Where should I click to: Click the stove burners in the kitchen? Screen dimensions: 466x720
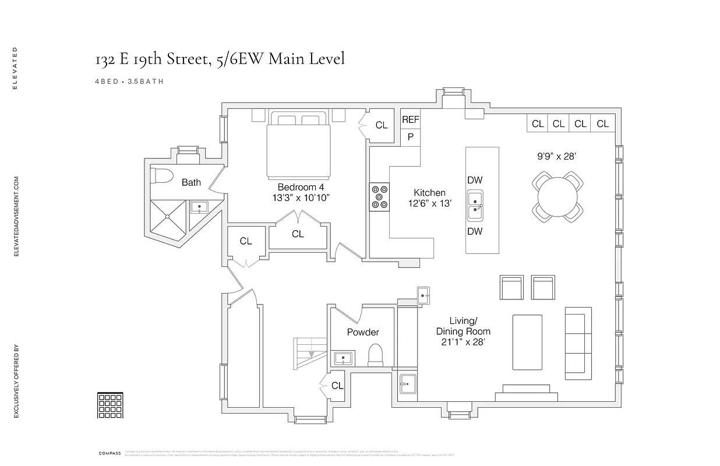(379, 196)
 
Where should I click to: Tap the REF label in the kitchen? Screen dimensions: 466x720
(410, 119)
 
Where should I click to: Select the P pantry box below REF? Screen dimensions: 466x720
(410, 137)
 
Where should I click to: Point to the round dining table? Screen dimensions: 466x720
(558, 196)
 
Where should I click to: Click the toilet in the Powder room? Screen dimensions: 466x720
(376, 354)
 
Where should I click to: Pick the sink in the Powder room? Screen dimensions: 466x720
(342, 358)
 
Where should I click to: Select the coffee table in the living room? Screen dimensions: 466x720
(527, 343)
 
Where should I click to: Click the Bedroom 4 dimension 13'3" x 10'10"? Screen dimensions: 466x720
(300, 197)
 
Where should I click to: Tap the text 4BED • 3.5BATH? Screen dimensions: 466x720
(129, 82)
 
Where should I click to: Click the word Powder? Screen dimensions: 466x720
(362, 332)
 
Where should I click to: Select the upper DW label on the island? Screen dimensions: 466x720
(475, 181)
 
